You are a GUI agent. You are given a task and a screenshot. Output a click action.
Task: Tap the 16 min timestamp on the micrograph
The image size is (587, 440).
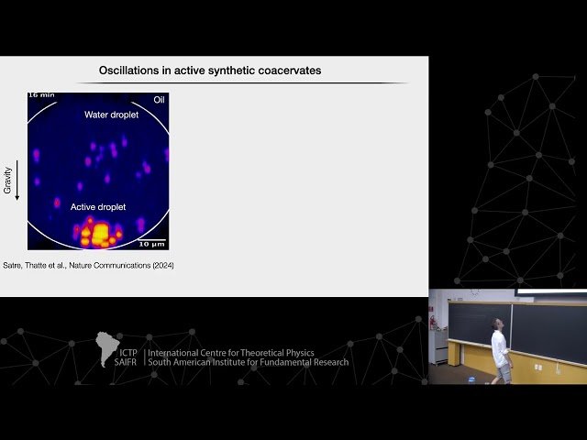click(x=41, y=95)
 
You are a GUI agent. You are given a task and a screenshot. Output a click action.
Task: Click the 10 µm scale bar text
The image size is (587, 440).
click(x=151, y=244)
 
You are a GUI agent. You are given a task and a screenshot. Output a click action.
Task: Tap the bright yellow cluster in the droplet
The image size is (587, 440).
click(x=96, y=232)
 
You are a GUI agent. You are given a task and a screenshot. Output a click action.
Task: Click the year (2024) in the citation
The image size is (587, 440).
click(x=162, y=266)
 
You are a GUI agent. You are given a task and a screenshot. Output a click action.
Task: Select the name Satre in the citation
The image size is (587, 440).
click(x=15, y=266)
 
